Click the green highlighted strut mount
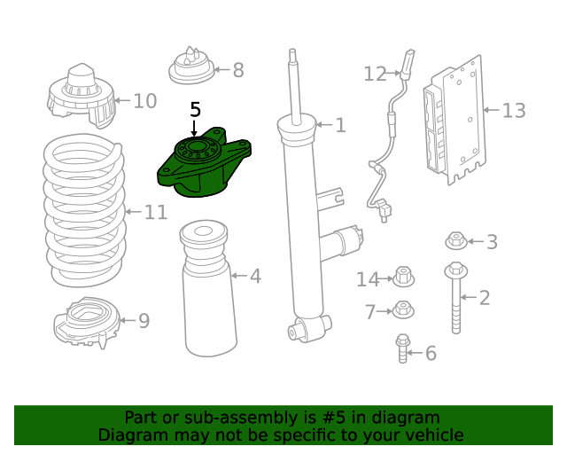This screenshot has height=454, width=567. [x=202, y=166]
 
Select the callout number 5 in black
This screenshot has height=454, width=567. [x=195, y=110]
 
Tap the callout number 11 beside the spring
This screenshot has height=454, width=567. [x=156, y=212]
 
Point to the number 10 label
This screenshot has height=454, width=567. [x=144, y=101]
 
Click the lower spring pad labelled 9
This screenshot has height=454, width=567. [x=86, y=323]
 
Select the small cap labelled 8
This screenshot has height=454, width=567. [x=192, y=67]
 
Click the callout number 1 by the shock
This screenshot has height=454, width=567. [x=340, y=126]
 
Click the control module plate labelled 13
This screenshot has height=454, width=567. [x=455, y=120]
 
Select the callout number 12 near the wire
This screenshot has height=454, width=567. [x=375, y=74]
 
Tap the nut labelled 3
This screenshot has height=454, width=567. [x=456, y=240]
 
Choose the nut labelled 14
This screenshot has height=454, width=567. [x=403, y=278]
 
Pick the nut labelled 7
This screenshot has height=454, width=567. [x=403, y=310]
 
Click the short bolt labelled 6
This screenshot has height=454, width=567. [x=403, y=348]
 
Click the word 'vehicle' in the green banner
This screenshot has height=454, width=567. [x=433, y=434]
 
